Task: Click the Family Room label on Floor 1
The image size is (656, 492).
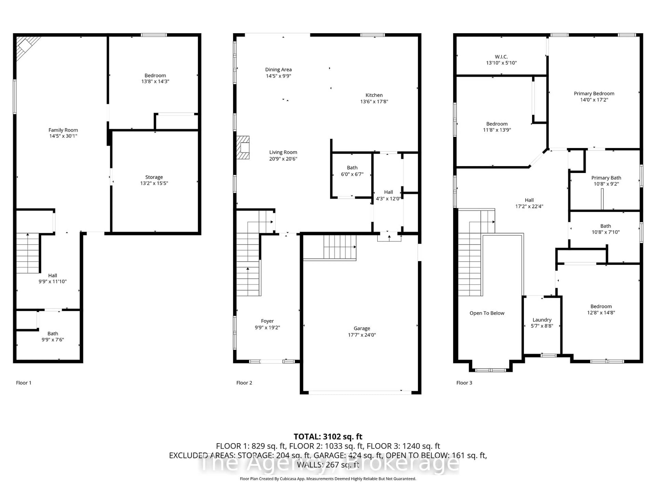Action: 63,130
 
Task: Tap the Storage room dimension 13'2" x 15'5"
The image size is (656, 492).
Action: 154,183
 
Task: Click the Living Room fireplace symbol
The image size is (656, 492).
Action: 243,147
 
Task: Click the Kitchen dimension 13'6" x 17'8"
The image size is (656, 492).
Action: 374,101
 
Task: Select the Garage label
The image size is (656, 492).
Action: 362,328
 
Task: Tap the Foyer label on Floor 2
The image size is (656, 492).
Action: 267,321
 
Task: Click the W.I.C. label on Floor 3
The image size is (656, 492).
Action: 501,56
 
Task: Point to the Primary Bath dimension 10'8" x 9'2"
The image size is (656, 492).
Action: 606,184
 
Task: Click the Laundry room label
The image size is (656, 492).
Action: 542,320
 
